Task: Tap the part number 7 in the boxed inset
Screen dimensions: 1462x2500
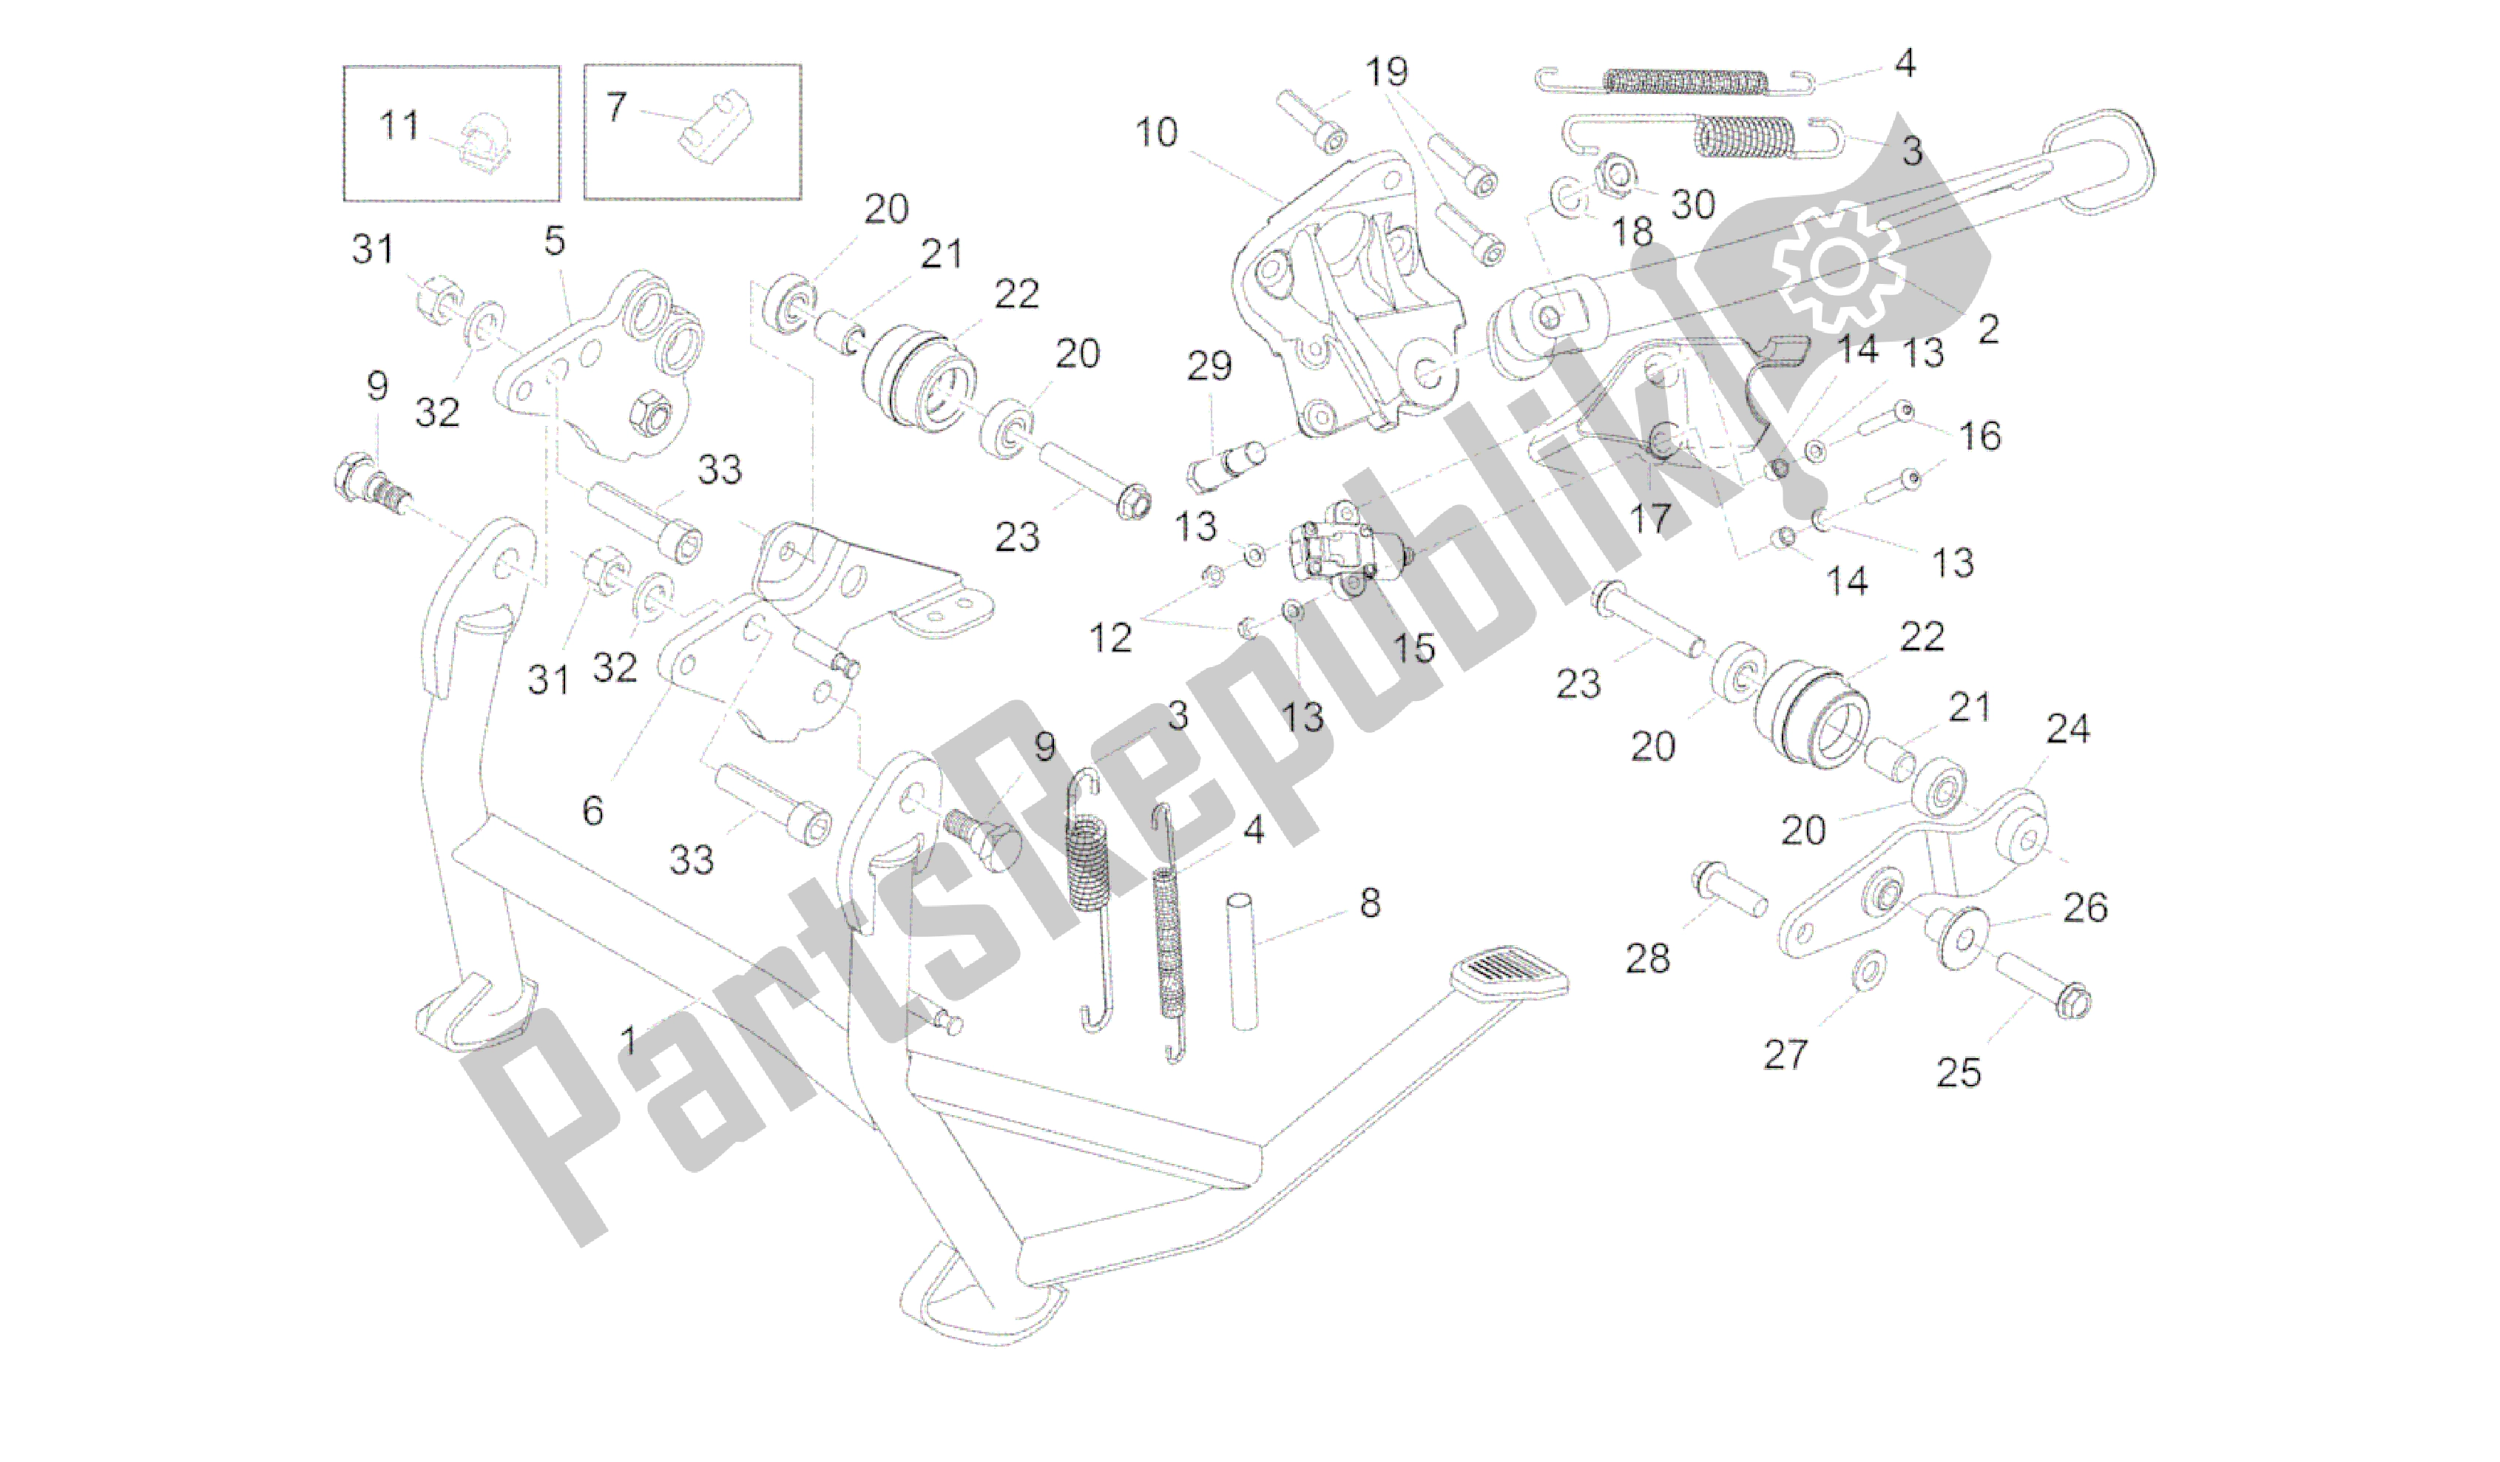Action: (616, 106)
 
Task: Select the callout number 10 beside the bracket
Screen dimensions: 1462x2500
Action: (1156, 132)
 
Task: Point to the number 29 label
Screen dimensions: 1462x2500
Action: (1209, 366)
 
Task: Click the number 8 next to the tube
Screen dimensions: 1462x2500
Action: (1370, 903)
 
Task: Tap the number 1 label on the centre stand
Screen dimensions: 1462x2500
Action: (628, 1040)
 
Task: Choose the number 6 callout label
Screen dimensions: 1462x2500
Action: (592, 811)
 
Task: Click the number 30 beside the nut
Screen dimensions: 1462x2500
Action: (1694, 204)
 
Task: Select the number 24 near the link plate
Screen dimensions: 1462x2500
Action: (2067, 729)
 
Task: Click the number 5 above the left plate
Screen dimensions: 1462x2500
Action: (555, 241)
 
